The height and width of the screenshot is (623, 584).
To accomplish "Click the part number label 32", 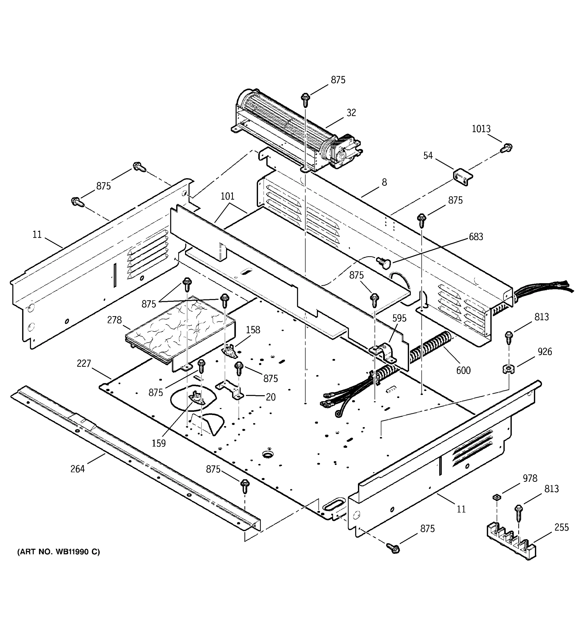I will point(351,113).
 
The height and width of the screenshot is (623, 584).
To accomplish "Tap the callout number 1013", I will point(481,129).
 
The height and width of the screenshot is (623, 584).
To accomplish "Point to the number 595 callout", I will point(399,319).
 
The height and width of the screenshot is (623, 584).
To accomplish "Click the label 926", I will point(545,352).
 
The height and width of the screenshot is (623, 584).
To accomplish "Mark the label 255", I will point(561,527).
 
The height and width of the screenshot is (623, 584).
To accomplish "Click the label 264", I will point(77,469).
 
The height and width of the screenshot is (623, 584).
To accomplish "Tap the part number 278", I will point(114,320).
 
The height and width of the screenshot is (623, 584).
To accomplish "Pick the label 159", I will point(159,443).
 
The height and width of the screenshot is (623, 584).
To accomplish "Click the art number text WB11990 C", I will point(59,552).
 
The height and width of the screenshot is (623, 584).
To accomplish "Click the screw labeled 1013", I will point(506,148).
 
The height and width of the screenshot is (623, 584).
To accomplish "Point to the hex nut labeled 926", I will point(508,369).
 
